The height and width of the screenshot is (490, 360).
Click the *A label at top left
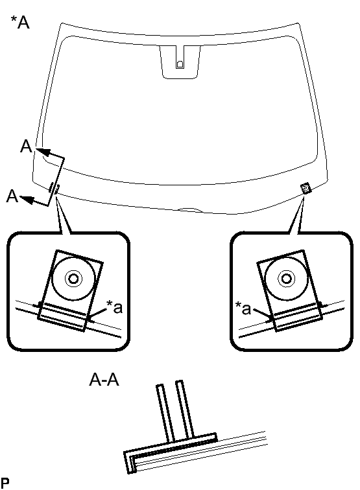point(20,22)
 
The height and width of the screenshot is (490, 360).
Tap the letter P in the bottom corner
point(5,482)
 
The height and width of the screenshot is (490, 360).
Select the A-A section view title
point(104,380)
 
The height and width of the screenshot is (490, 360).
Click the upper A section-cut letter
point(27,146)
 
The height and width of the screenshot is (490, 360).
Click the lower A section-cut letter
point(12,196)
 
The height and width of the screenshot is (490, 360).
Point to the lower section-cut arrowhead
point(27,200)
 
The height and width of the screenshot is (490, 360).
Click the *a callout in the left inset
point(114,307)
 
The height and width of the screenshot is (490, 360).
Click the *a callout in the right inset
point(243,308)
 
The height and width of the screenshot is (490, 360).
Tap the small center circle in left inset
point(73,278)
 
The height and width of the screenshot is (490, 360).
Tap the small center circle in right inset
point(286,278)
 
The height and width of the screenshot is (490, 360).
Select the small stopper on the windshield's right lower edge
point(306,188)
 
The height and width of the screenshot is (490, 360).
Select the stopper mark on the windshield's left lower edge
point(54,189)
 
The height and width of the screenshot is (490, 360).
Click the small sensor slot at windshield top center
point(180,64)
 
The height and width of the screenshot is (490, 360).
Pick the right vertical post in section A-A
point(184,409)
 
